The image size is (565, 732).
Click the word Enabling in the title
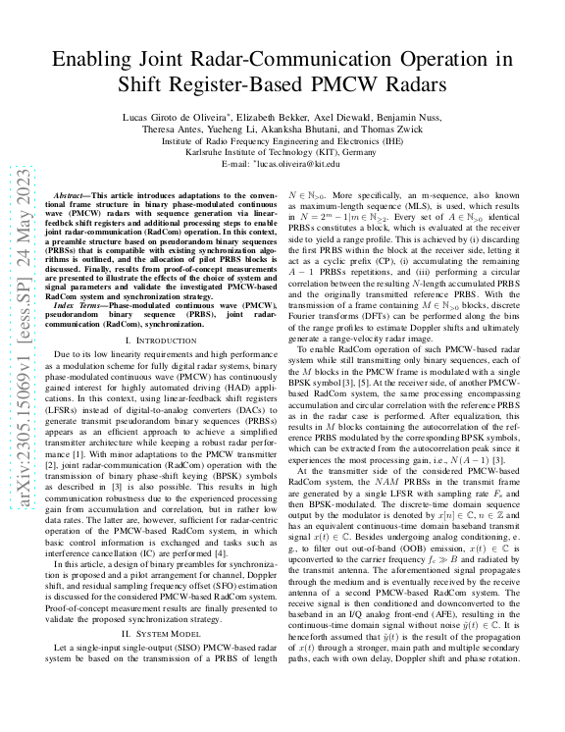pyautogui.click(x=98, y=59)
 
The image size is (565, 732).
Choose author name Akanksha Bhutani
pyautogui.click(x=320, y=130)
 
